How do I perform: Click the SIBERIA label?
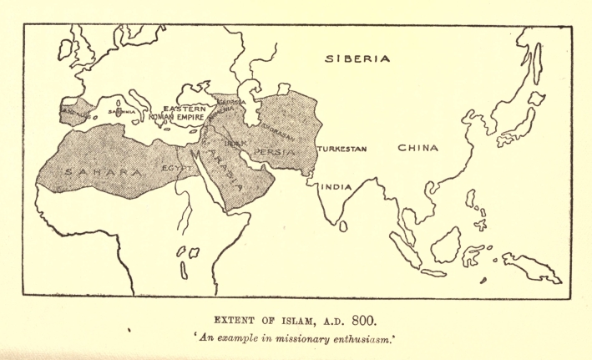[x=357, y=59]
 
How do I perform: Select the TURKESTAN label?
[x=342, y=149]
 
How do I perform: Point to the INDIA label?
[x=337, y=186]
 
